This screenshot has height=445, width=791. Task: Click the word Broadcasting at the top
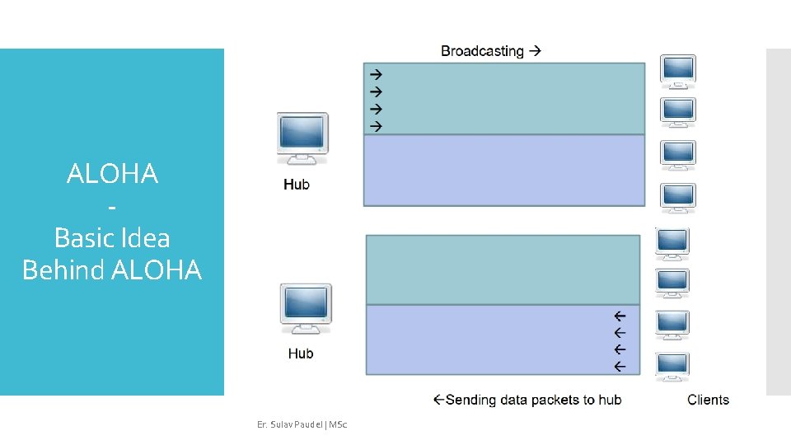click(482, 51)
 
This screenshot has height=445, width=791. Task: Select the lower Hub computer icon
click(306, 308)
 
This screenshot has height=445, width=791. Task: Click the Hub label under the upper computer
click(297, 185)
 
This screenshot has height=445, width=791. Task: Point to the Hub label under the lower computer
click(301, 354)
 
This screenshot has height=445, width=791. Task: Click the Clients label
click(708, 400)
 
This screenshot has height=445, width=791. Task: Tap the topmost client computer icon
click(677, 71)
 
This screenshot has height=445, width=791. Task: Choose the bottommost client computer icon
click(672, 367)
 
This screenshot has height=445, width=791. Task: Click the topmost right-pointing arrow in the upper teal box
click(376, 73)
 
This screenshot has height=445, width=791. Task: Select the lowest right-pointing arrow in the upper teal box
click(376, 126)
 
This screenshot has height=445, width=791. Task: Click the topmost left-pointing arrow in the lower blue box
click(620, 316)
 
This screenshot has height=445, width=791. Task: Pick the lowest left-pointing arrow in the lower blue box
click(620, 365)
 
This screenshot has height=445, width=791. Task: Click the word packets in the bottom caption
click(553, 400)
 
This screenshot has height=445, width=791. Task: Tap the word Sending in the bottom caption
click(470, 400)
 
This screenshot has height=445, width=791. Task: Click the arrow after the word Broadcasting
click(536, 51)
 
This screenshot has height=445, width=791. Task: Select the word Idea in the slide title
click(148, 238)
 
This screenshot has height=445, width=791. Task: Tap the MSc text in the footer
click(338, 424)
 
